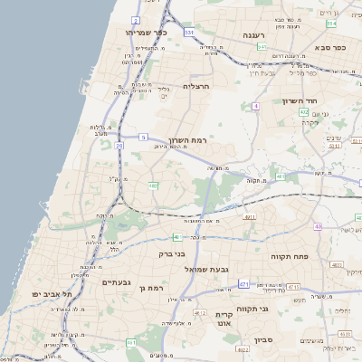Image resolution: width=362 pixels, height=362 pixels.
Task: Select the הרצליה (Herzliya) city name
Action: pos(195,87)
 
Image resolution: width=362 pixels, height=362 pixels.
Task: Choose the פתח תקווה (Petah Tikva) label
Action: pos(290,257)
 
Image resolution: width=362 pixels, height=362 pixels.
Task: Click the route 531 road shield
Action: pos(189,32)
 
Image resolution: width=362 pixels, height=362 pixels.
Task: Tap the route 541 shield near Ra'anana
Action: pos(261,46)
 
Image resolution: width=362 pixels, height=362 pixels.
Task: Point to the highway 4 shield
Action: pos(256,106)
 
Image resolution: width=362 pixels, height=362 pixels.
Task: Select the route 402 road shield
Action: pos(303,112)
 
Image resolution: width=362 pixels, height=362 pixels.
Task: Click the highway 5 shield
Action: pos(143,137)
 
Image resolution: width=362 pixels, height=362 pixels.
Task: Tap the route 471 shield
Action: pos(243,284)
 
